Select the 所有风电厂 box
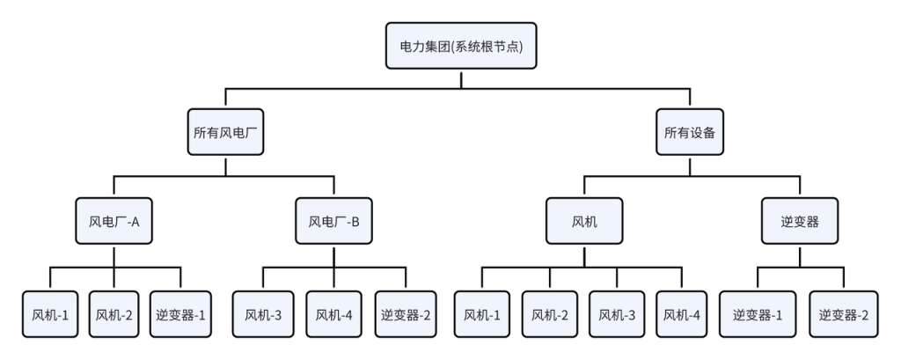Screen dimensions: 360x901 [x=224, y=133]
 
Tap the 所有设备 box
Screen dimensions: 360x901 [x=690, y=133]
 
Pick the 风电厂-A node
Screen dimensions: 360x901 [x=114, y=221]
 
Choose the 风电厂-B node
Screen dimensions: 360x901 [x=333, y=221]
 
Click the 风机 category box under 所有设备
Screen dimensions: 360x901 [x=583, y=221]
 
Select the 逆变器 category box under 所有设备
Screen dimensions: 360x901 [x=800, y=221]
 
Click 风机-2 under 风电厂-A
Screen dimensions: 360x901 [x=114, y=313]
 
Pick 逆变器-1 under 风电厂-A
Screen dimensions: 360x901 [x=180, y=313]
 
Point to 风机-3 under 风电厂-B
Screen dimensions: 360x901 [x=263, y=313]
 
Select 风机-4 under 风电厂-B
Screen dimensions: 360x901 [x=333, y=313]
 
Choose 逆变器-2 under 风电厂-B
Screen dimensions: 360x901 [x=407, y=313]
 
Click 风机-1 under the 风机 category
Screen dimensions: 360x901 [x=483, y=313]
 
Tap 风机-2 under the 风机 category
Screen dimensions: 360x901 [x=550, y=313]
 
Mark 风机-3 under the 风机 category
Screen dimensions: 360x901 [x=616, y=313]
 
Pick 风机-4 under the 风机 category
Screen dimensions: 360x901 [x=682, y=313]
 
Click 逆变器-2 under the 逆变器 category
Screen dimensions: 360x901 [x=843, y=313]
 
